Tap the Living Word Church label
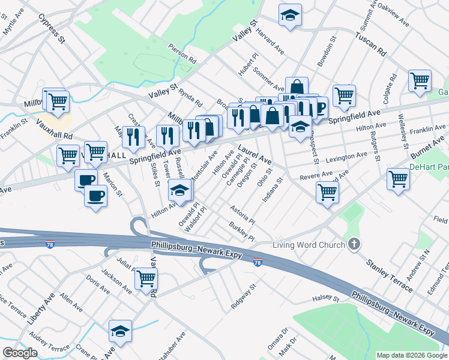point(309,245)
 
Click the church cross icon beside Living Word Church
point(354,244)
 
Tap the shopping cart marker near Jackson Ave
point(146,279)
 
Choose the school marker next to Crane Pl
point(120,331)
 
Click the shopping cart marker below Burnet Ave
point(399,179)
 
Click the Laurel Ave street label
point(255,154)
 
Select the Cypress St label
point(51,30)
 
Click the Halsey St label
point(326,298)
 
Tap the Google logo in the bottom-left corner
point(20,353)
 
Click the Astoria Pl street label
point(243,212)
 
